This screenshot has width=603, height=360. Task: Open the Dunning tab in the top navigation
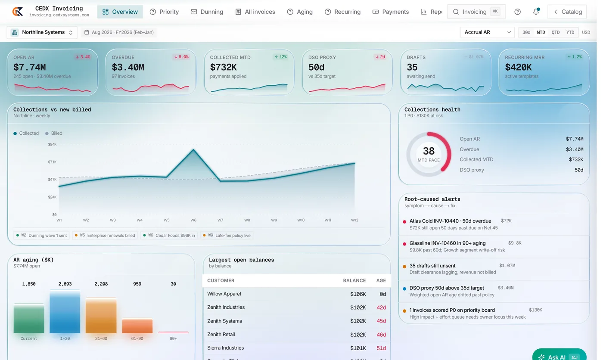click(207, 12)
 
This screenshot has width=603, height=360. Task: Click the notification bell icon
click(536, 12)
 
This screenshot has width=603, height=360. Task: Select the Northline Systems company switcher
click(42, 32)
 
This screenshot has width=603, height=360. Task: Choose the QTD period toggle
click(555, 32)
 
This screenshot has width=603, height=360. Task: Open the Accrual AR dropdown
click(487, 32)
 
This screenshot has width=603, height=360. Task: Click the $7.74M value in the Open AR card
click(30, 67)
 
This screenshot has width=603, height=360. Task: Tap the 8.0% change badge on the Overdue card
click(181, 57)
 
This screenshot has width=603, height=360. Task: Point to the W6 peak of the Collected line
click(193, 149)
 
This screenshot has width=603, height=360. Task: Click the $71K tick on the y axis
click(52, 162)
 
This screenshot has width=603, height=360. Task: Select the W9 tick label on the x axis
click(274, 220)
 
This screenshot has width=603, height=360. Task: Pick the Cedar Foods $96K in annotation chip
click(169, 236)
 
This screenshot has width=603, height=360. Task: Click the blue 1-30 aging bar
click(65, 312)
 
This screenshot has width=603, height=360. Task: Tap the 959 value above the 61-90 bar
click(137, 284)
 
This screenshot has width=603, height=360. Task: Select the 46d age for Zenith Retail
click(381, 335)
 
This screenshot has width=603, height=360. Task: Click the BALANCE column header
click(354, 280)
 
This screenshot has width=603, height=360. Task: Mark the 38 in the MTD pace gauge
click(429, 151)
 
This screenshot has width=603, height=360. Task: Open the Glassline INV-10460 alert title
click(448, 243)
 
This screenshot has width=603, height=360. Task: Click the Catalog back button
click(567, 12)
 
